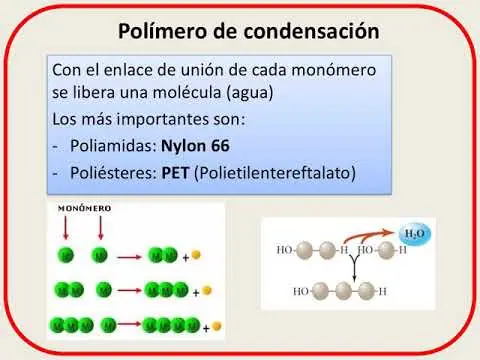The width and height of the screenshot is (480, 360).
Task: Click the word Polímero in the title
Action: coord(164,31)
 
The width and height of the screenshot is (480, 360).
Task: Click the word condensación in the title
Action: coord(311,31)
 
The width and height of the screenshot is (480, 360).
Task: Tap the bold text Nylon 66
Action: coord(195,146)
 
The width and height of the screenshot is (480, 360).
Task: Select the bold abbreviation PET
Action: coord(175,173)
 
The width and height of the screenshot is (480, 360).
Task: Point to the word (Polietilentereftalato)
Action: coord(275,173)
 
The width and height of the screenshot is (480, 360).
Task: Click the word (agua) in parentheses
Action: coord(250,93)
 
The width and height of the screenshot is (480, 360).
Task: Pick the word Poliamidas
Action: coord(113,146)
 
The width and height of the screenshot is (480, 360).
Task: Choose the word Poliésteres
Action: coord(113,173)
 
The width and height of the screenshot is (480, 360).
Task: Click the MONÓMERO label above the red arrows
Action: coord(85,209)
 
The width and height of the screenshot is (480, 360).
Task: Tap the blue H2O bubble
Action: coord(415,234)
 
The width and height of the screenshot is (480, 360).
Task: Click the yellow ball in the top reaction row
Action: coord(196,255)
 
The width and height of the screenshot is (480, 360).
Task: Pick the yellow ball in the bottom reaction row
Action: coord(216,326)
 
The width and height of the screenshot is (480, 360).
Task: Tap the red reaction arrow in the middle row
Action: coord(130,290)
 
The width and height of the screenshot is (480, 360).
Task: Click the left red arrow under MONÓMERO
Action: coord(66,228)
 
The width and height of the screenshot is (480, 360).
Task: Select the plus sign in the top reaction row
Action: coord(186,258)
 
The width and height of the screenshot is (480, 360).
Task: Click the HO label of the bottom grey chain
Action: coord(301,292)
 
